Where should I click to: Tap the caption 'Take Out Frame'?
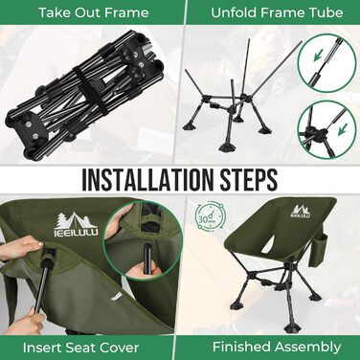coord(94,12)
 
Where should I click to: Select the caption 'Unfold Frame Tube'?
coord(277,12)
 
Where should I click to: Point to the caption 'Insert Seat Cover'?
coord(80,348)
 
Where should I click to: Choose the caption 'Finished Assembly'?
coord(277,347)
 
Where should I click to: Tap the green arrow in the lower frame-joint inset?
coord(343,130)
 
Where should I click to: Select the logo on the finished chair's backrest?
coord(300,212)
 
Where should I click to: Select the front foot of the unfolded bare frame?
coord(227,147)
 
